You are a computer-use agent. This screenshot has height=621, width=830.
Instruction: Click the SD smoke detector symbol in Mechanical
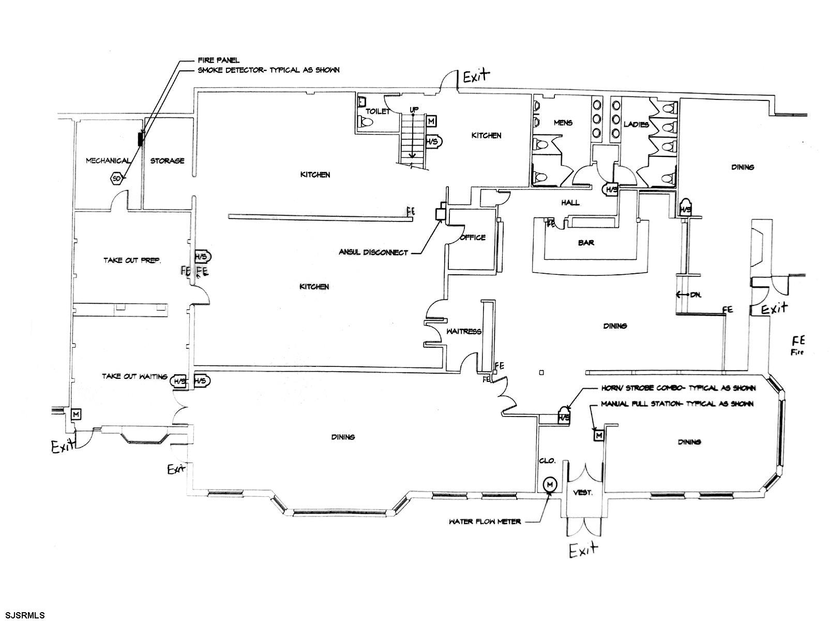click(x=116, y=179)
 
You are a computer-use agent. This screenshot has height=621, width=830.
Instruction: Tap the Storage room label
click(x=167, y=161)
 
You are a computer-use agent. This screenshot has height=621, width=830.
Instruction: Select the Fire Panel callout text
click(x=219, y=60)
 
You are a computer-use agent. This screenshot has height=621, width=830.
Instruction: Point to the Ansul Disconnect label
click(x=373, y=253)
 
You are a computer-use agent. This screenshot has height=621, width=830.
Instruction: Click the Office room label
click(x=473, y=238)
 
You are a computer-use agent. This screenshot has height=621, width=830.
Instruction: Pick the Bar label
click(x=587, y=242)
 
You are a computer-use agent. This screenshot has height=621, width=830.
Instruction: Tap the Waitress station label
click(x=464, y=332)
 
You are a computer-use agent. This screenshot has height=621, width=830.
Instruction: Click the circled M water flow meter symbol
click(x=550, y=484)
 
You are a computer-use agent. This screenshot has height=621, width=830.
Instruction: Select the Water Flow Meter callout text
click(x=485, y=522)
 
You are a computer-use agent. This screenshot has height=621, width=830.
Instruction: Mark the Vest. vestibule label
click(x=583, y=493)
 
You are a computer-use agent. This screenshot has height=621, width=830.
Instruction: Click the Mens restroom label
click(x=563, y=123)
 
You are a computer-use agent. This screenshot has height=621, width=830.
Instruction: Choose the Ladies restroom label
click(x=636, y=124)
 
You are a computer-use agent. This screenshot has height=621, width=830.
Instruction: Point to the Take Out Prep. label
click(x=132, y=260)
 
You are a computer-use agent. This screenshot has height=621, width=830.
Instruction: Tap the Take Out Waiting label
click(x=134, y=376)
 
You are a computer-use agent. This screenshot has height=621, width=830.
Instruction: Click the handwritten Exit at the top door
click(x=476, y=78)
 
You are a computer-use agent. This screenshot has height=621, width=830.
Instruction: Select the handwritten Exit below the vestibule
click(x=584, y=551)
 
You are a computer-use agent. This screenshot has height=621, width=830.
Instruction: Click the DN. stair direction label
click(x=696, y=294)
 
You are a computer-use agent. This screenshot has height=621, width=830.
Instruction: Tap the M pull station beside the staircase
click(x=431, y=121)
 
